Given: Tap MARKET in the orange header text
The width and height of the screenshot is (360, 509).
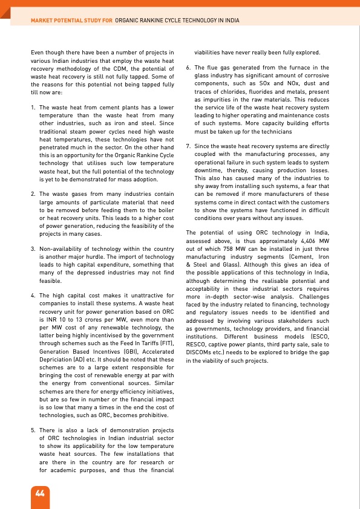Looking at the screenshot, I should (44, 21).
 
